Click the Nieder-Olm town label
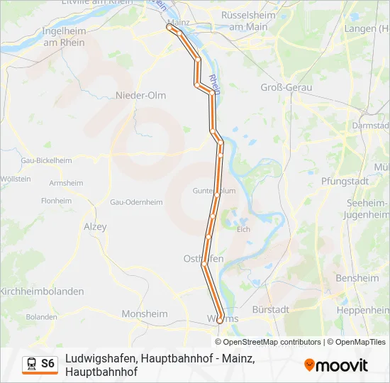140,95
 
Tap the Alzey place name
95,227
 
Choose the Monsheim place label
145,313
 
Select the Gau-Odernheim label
136,202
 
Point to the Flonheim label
57,201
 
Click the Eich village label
243,229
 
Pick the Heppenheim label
362,311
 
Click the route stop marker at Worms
220,321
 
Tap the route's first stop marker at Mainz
169,28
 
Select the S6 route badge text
48,364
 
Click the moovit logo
336,365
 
